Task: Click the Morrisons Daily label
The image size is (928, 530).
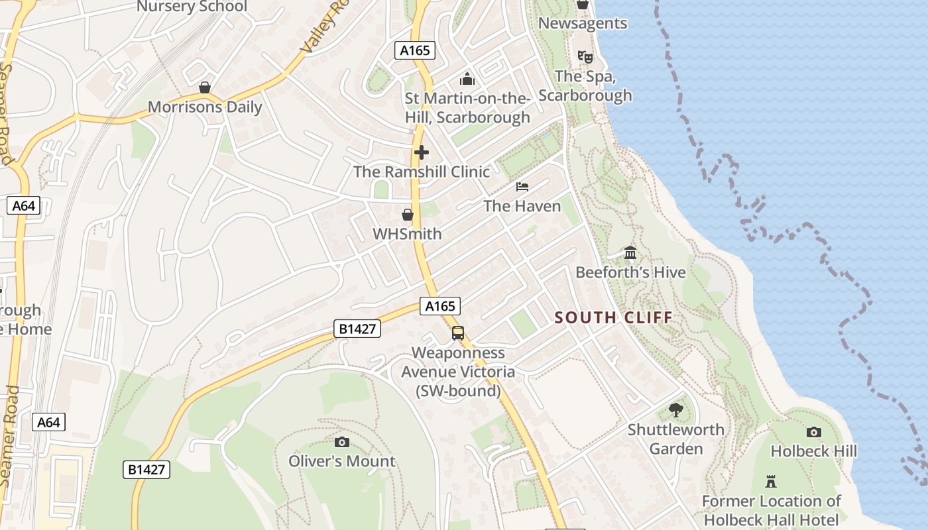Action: point(205,107)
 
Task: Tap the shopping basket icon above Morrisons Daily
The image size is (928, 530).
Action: point(205,87)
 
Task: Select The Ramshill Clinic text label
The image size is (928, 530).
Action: point(422,172)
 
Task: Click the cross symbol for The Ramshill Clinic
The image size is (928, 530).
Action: point(421,153)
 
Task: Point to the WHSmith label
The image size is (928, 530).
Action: point(407,234)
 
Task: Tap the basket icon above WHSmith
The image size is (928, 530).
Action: point(408,215)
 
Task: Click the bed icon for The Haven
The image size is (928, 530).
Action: point(522,187)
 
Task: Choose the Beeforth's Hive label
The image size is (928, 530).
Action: point(630,272)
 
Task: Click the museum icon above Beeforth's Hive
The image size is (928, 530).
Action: point(630,253)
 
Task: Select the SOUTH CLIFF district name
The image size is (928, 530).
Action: point(614,317)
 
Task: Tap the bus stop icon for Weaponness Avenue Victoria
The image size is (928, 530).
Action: point(458,333)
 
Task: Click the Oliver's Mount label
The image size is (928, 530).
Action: point(342,461)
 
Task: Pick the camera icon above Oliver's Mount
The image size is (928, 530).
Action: point(342,442)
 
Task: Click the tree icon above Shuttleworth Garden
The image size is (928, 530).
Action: point(676,410)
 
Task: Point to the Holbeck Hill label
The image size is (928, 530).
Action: point(813,452)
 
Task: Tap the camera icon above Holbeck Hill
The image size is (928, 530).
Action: point(813,433)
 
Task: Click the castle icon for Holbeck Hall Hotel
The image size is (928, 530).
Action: point(771,481)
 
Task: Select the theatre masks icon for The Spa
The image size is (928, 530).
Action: point(585,57)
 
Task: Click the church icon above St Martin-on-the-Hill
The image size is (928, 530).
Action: point(467,79)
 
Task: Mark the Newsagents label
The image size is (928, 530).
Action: point(583,23)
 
